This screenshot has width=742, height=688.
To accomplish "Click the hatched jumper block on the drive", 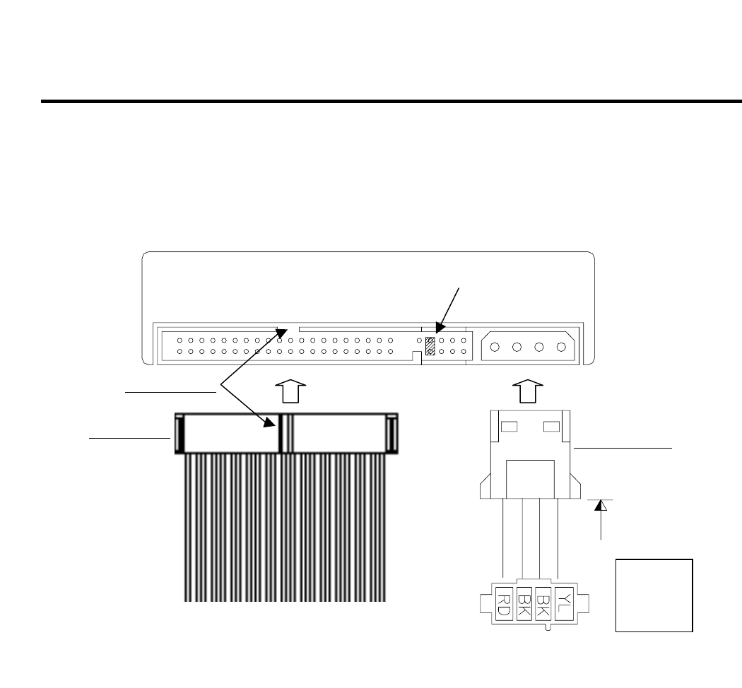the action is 430,345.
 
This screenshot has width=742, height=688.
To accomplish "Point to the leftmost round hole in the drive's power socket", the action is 495,347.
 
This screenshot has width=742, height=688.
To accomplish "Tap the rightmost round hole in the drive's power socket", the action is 561,347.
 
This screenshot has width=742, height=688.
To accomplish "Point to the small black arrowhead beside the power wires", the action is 601,505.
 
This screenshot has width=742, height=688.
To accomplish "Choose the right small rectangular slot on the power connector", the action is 551,427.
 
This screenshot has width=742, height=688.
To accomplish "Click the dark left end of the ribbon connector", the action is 179,433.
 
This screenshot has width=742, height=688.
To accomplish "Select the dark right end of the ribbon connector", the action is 391,433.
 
